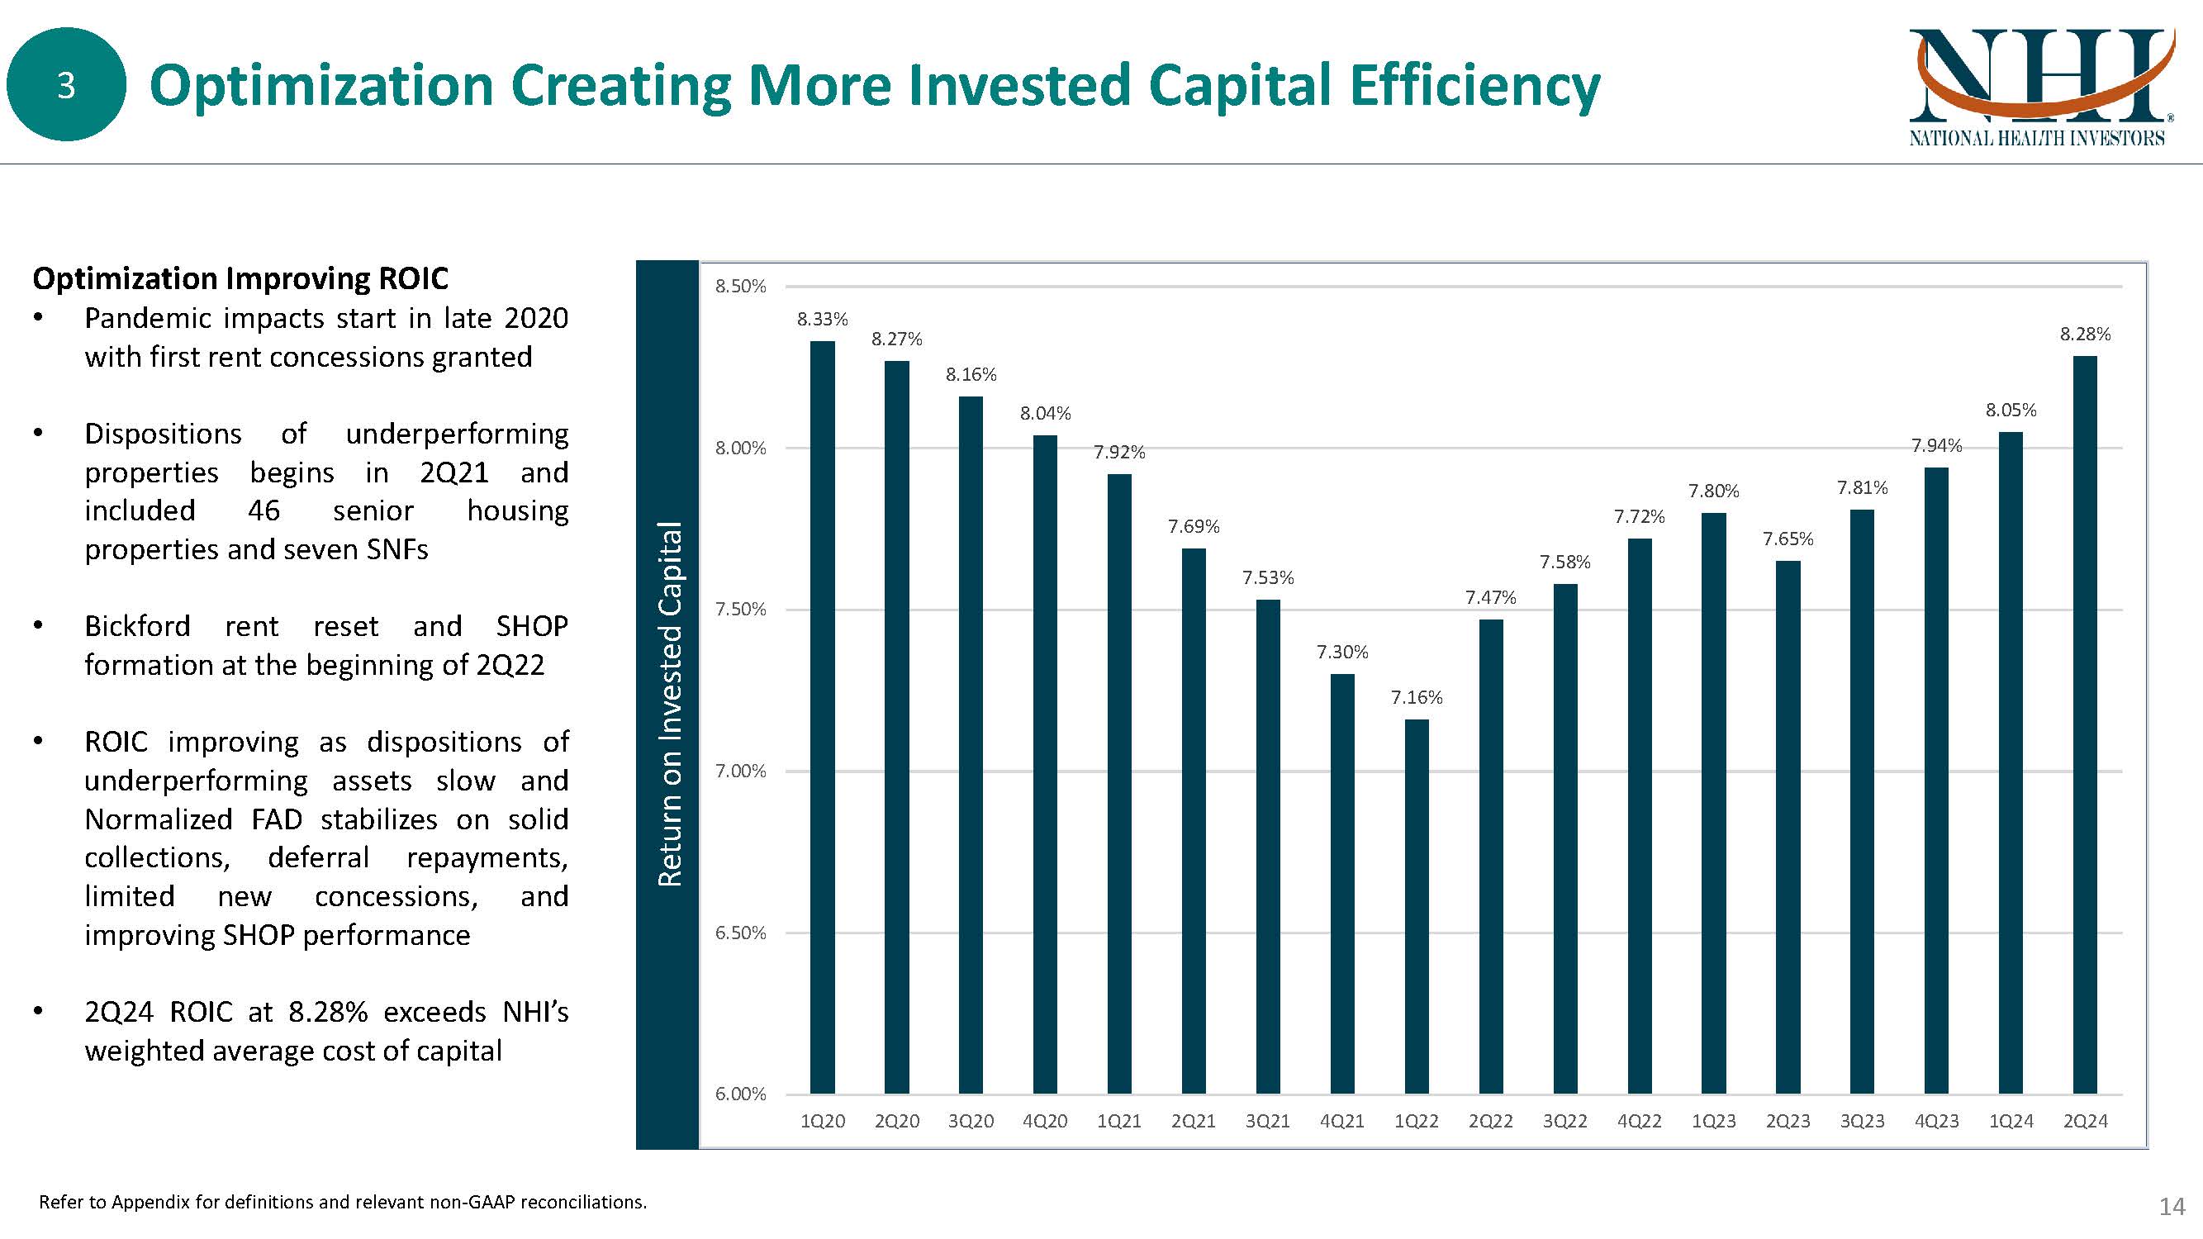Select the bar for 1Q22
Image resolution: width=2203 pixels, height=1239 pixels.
[1416, 906]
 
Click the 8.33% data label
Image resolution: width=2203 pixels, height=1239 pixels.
[822, 320]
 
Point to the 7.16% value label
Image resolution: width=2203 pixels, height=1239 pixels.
[1416, 698]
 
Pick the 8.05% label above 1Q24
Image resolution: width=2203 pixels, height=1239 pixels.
[2011, 411]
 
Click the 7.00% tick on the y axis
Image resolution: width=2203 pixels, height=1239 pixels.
[741, 771]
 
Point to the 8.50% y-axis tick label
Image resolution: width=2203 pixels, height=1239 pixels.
[741, 287]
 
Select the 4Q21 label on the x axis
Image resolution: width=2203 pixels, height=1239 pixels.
[1341, 1121]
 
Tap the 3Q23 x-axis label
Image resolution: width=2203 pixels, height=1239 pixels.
[1862, 1121]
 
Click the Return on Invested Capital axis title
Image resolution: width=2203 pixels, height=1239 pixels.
[669, 703]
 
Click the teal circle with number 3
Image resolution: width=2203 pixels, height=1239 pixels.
[66, 84]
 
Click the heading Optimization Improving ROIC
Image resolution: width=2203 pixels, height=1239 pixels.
[240, 278]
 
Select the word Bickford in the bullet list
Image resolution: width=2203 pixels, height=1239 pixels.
[137, 626]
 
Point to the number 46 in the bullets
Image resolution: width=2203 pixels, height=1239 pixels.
[264, 510]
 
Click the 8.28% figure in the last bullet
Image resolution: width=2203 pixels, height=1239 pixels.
[328, 1012]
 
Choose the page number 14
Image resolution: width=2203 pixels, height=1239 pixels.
[2172, 1207]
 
